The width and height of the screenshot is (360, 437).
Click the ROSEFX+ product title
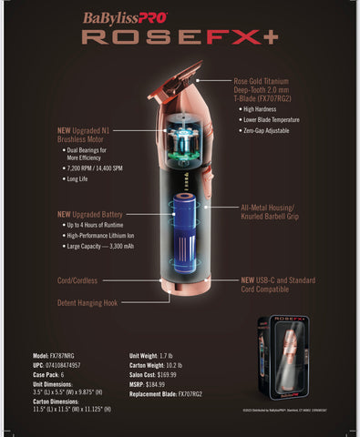[180, 37]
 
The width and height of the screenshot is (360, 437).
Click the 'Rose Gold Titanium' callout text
[271, 80]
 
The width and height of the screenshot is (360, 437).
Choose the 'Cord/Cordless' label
[77, 280]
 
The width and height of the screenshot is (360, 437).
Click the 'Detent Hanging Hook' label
[89, 302]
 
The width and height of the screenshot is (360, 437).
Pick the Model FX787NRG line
[61, 355]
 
